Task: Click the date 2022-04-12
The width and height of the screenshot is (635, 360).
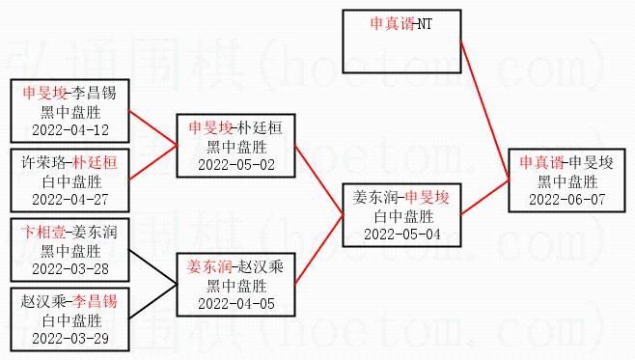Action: click(70, 130)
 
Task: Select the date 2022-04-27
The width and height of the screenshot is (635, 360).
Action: click(70, 200)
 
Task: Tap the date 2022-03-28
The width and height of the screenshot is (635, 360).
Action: click(70, 269)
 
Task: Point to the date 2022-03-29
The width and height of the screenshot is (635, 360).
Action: click(70, 339)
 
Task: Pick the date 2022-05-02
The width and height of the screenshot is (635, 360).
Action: click(236, 165)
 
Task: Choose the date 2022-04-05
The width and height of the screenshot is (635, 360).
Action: click(236, 304)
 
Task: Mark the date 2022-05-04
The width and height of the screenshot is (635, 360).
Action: click(402, 235)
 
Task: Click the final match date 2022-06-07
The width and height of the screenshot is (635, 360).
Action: click(567, 200)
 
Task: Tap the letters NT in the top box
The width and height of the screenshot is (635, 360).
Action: click(425, 24)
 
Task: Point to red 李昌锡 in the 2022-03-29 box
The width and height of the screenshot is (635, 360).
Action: click(95, 302)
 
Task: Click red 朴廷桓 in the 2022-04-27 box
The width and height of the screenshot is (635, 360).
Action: click(95, 163)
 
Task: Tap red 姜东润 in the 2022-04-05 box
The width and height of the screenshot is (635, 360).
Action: click(209, 267)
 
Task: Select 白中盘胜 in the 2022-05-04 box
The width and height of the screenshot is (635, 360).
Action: click(403, 217)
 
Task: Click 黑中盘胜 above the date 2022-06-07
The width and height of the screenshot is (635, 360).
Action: click(567, 181)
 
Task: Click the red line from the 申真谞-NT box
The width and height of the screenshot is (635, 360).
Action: click(484, 110)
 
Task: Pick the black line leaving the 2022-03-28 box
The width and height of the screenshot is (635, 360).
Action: click(152, 267)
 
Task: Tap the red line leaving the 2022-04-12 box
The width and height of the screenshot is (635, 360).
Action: click(152, 127)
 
